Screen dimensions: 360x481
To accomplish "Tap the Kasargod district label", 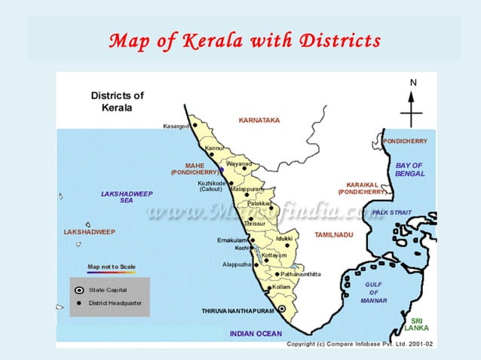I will tap(176, 126).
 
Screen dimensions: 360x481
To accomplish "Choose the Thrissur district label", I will tap(256, 224).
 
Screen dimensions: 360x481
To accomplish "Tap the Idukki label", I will tap(284, 238).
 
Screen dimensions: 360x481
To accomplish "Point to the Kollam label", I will tap(281, 287).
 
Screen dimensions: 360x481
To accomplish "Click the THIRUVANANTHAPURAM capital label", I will tap(236, 310).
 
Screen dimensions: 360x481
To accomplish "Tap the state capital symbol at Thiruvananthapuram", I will tap(282, 309).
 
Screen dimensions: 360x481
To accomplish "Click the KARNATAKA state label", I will tap(259, 121).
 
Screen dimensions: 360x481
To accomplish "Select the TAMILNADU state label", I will tap(333, 235).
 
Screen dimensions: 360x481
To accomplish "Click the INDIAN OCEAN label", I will tap(256, 333).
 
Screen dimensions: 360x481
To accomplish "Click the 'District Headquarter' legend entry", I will tap(115, 303).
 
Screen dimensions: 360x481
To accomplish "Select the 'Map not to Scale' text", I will tap(112, 267).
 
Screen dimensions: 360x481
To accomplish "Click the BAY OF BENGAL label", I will tap(409, 169).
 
